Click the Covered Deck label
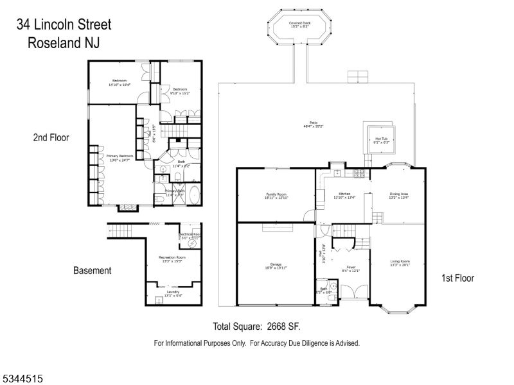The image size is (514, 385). tap(299, 22)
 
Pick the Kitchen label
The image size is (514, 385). tap(344, 193)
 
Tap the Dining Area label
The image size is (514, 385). tap(399, 193)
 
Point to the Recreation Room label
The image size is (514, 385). tap(172, 257)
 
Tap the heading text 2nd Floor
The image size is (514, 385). tap(51, 137)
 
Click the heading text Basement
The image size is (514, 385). tap(91, 271)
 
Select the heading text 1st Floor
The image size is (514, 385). tap(457, 278)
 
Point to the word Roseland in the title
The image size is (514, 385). tap(53, 44)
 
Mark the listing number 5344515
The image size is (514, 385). tap(23, 379)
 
